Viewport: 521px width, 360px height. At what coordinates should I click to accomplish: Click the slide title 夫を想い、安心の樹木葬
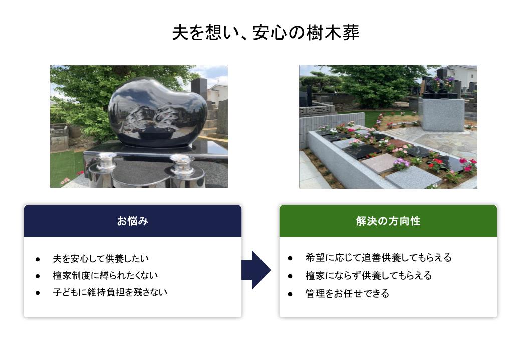(266, 33)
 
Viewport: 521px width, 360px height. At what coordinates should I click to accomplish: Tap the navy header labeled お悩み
(133, 221)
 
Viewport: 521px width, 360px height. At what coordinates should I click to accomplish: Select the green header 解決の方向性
(388, 221)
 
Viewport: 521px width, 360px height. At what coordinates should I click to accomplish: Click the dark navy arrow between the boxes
(256, 270)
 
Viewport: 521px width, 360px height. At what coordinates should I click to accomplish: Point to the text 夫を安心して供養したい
(101, 259)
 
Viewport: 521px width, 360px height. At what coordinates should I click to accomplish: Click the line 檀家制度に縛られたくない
(105, 275)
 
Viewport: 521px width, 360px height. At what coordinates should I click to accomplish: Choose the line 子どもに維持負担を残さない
(110, 292)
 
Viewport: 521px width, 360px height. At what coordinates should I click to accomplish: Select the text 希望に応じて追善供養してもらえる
(378, 258)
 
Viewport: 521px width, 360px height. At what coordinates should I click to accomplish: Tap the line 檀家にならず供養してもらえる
(369, 276)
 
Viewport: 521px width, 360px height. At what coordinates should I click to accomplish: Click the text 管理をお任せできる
(347, 293)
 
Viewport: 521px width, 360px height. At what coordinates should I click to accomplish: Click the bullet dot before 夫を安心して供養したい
(38, 259)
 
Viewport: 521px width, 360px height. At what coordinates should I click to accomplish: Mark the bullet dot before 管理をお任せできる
(290, 294)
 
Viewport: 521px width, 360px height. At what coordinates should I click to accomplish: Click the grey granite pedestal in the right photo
(441, 114)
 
